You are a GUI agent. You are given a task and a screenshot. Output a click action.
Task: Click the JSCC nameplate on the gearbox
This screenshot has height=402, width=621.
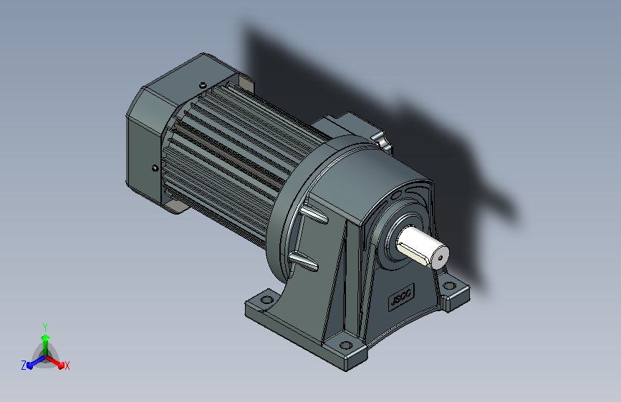pyautogui.click(x=401, y=296)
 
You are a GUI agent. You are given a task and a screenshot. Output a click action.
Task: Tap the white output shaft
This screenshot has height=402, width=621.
pyautogui.click(x=422, y=247)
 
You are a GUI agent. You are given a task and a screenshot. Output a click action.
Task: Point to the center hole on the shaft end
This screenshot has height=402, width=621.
pyautogui.click(x=441, y=258)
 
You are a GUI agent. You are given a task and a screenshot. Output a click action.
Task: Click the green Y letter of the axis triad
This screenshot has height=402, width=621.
pyautogui.click(x=45, y=327)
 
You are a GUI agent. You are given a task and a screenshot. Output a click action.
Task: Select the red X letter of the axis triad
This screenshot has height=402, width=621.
pyautogui.click(x=67, y=366)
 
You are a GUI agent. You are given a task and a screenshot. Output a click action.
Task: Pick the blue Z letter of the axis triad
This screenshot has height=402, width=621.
pyautogui.click(x=24, y=366)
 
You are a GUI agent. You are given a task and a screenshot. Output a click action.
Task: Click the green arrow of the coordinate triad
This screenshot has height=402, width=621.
pyautogui.click(x=46, y=345)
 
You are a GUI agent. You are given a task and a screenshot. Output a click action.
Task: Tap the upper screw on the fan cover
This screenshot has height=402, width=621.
pyautogui.click(x=203, y=84)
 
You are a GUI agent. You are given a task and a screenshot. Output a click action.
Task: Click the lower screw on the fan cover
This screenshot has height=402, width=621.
pyautogui.click(x=155, y=168)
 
